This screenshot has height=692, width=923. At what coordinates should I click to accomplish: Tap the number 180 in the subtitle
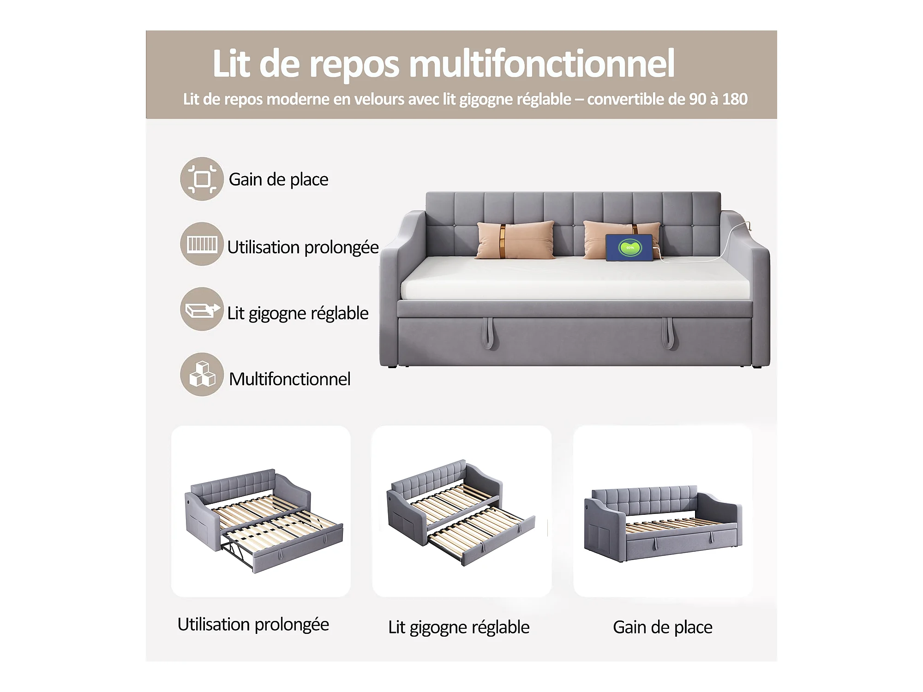click(735, 99)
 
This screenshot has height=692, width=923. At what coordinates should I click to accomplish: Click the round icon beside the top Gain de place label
click(202, 179)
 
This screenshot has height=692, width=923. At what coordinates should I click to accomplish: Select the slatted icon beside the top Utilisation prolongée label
click(202, 244)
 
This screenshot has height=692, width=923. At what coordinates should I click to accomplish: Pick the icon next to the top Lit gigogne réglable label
click(202, 309)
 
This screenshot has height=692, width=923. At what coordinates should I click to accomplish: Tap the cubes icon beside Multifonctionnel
click(202, 375)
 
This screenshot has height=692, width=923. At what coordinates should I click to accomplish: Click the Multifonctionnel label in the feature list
click(290, 379)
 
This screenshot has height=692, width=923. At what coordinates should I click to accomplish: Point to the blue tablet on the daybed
click(629, 248)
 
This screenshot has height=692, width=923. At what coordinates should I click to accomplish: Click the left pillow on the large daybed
click(515, 240)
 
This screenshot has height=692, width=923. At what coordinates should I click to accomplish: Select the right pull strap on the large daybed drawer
click(668, 333)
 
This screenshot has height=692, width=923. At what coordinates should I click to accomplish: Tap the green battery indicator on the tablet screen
click(630, 248)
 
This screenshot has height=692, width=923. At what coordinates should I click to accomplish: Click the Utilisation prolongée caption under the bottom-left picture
click(253, 625)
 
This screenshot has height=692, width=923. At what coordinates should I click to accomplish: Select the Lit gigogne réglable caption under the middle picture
click(459, 628)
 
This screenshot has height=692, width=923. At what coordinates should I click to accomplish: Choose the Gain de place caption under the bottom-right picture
click(663, 627)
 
